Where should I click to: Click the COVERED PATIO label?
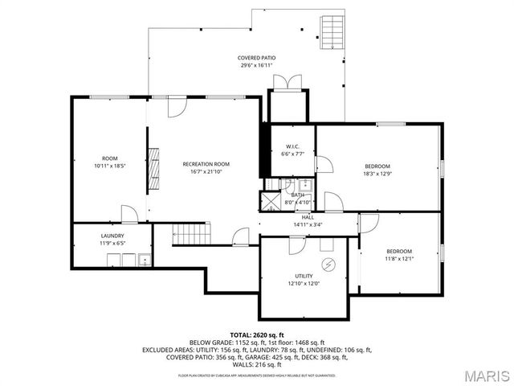(x=257, y=59)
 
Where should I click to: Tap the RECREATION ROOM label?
(x=200, y=163)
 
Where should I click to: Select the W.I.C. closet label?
(x=292, y=146)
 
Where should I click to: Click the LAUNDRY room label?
(x=112, y=236)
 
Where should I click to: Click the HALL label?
(x=308, y=217)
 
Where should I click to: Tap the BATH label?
(x=298, y=195)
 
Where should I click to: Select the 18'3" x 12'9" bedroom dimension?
(x=377, y=174)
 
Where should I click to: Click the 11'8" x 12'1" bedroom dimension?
(x=398, y=259)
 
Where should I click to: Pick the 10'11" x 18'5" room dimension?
(x=110, y=166)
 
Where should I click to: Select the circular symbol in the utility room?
(x=327, y=264)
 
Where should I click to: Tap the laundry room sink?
(x=144, y=259)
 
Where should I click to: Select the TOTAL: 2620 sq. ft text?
(x=257, y=334)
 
